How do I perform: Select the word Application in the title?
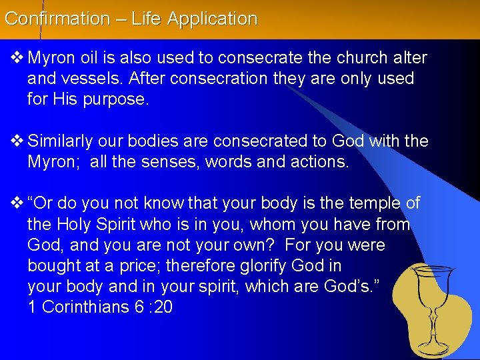tap(213, 19)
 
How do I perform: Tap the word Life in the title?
tap(146, 19)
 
